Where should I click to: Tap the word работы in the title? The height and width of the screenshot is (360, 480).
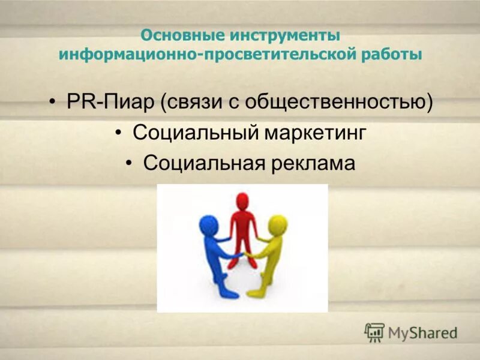[x=391, y=55]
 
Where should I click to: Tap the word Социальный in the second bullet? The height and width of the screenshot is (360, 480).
[x=187, y=133]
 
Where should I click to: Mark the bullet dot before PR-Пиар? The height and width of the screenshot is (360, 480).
[x=55, y=102]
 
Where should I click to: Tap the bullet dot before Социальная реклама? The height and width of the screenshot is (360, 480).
[x=131, y=163]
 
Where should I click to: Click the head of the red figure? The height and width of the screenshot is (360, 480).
[x=242, y=200]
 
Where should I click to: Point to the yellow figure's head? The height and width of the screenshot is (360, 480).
[x=278, y=224]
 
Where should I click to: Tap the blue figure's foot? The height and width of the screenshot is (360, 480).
[x=227, y=293]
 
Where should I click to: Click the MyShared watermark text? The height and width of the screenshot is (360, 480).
[x=422, y=332]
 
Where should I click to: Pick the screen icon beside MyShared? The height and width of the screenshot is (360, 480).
[x=374, y=332]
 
